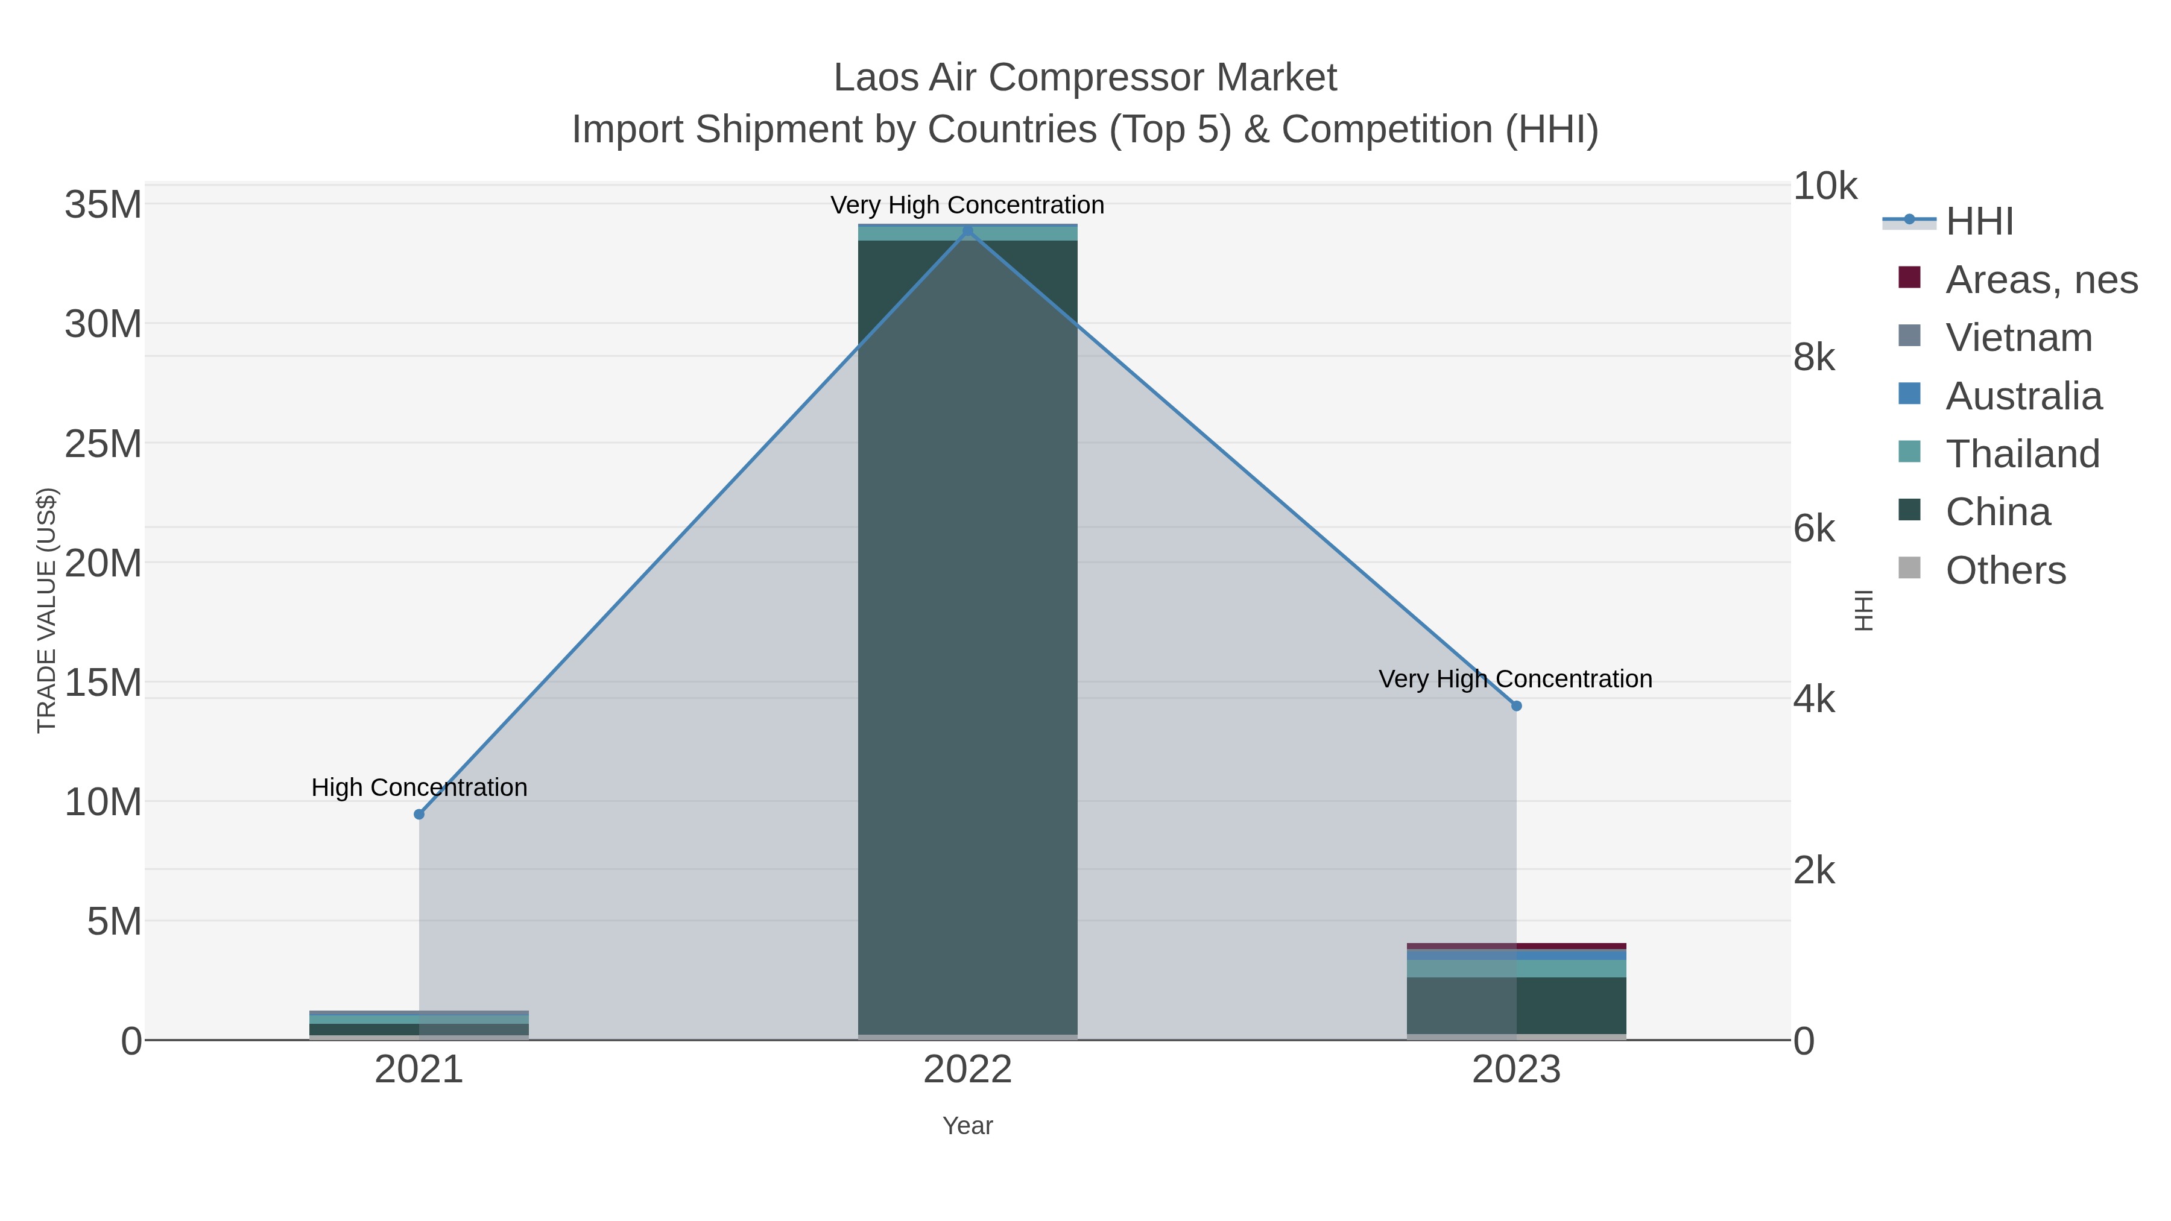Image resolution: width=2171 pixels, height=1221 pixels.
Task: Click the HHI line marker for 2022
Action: coord(967,231)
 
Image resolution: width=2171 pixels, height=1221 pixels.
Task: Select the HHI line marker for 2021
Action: coord(419,814)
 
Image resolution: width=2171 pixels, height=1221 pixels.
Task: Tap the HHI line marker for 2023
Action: coord(1516,706)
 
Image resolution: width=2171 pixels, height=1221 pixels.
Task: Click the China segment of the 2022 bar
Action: coord(967,632)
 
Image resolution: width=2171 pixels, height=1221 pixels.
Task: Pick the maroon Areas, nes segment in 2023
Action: coord(1516,946)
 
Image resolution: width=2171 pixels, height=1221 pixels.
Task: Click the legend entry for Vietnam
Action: coord(2018,338)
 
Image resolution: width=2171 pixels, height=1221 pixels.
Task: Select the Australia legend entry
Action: coord(2023,396)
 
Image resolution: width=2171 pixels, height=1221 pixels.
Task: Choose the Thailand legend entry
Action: coord(2022,454)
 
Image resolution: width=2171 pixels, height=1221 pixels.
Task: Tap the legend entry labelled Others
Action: coord(2005,570)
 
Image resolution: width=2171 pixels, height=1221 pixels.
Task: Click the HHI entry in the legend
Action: coord(1979,222)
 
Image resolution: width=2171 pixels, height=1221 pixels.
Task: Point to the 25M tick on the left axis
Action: coord(103,444)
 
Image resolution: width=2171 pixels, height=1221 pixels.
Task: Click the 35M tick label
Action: coord(103,205)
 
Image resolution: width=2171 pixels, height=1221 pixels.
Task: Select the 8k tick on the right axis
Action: coord(1813,358)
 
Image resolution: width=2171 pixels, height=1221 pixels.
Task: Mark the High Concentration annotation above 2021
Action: coord(419,787)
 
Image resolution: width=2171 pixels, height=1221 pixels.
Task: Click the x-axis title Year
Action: coord(967,1126)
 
